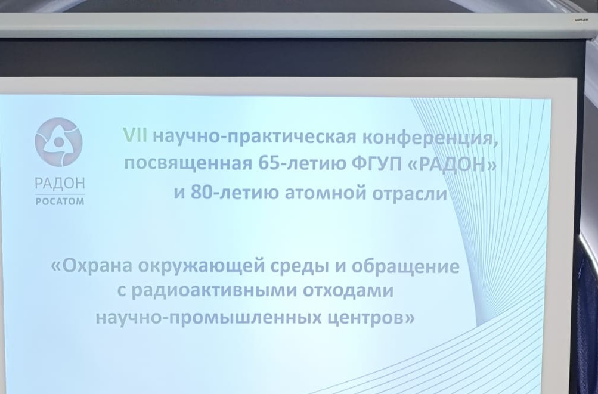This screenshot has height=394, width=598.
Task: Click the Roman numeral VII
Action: pyautogui.click(x=135, y=135)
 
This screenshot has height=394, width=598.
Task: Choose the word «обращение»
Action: pyautogui.click(x=405, y=266)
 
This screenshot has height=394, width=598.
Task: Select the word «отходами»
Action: pyautogui.click(x=348, y=291)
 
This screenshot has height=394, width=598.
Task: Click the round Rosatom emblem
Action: pyautogui.click(x=59, y=142)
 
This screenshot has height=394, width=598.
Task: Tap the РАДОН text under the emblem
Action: pyautogui.click(x=60, y=184)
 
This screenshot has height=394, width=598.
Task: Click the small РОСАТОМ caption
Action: pyautogui.click(x=60, y=201)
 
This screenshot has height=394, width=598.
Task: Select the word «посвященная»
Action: pyautogui.click(x=188, y=165)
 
